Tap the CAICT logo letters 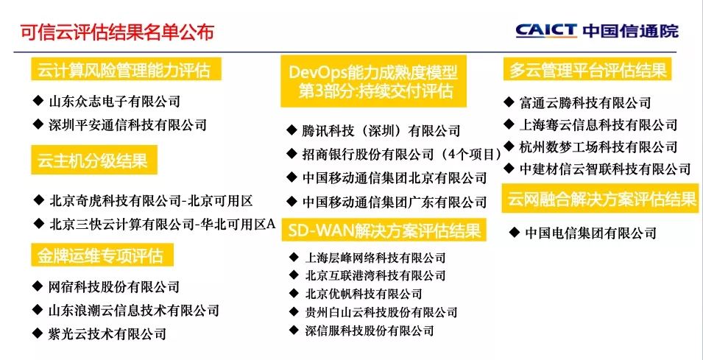(545, 31)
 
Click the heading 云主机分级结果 (93, 160)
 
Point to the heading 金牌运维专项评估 (101, 255)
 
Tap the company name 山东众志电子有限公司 (114, 102)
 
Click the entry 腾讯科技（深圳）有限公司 (381, 131)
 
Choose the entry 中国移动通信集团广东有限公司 (395, 201)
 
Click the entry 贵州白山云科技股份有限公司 (381, 312)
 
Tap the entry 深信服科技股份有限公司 (370, 331)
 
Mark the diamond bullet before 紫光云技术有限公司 (38, 333)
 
